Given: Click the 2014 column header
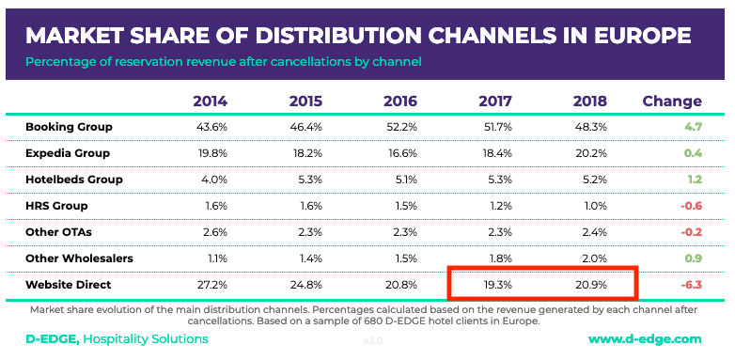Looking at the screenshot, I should tap(210, 102).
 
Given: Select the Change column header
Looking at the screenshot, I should tap(671, 102).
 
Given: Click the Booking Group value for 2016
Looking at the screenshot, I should tap(400, 126).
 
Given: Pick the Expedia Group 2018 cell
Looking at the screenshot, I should tap(589, 152).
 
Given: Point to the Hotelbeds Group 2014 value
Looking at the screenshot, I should tap(210, 179).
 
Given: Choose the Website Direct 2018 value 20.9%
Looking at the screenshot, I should tap(589, 283).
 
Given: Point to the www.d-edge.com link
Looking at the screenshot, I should tap(645, 338).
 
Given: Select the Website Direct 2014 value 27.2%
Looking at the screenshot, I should tap(210, 283).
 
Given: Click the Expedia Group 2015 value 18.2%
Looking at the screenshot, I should tap(305, 152).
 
